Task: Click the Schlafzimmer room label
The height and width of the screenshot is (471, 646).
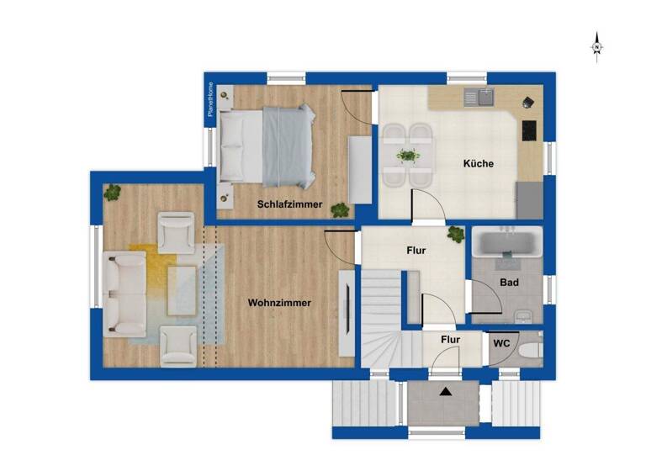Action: click(290, 204)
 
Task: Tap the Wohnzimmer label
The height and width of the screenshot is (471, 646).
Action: click(279, 303)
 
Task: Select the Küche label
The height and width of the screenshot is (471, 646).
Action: click(478, 164)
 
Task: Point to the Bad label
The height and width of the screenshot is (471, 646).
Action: click(508, 283)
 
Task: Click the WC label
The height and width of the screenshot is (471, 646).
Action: click(500, 343)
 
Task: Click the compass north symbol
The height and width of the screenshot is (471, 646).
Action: click(596, 46)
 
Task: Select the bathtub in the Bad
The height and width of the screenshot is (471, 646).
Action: click(506, 243)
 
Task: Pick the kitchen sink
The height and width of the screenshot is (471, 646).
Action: click(487, 97)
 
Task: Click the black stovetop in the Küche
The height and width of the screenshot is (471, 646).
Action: click(530, 131)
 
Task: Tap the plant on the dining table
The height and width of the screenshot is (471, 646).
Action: click(408, 155)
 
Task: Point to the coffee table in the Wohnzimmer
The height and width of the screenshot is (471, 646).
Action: click(183, 288)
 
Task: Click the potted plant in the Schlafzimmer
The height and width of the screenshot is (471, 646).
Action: click(339, 209)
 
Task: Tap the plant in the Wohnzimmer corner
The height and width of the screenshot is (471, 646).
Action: click(113, 193)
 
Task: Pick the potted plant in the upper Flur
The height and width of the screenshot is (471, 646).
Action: click(455, 234)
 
